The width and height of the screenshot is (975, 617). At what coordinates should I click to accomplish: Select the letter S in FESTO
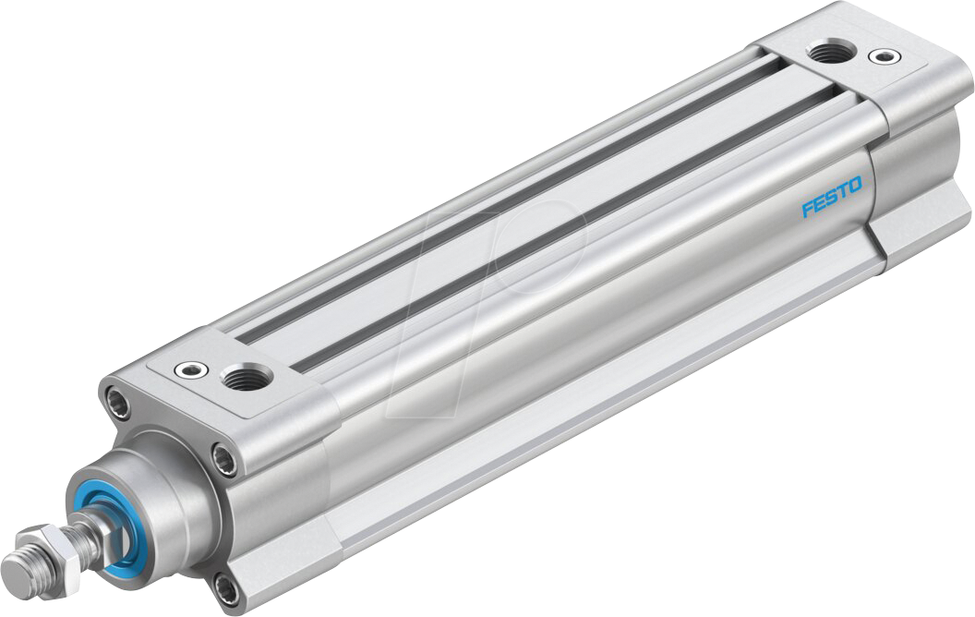[831, 198]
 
